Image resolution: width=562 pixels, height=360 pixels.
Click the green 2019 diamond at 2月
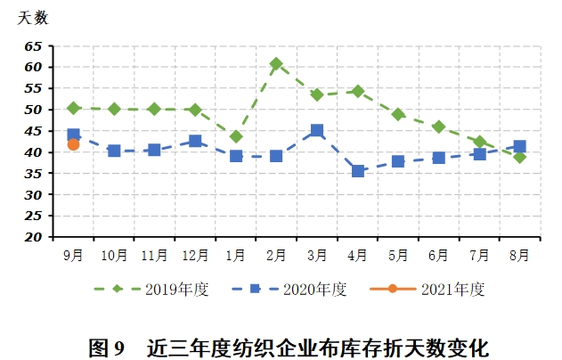pos(276,64)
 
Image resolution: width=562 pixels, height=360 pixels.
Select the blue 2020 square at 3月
pos(317,131)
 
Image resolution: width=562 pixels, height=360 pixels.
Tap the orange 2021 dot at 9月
pos(73,144)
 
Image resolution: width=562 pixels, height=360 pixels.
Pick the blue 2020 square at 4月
pos(358,170)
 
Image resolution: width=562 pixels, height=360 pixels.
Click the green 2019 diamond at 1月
pos(236,136)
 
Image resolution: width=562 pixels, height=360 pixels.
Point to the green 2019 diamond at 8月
pos(520,157)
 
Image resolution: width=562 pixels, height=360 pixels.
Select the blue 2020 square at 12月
pos(195,141)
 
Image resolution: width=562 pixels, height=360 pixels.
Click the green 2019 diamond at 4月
pos(358,91)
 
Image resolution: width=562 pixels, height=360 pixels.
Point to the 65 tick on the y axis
pos(34,46)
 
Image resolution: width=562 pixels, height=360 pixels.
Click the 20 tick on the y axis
pos(34,238)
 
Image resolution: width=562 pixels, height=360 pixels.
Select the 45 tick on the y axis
pos(34,131)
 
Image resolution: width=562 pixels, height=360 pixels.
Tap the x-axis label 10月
pos(114,256)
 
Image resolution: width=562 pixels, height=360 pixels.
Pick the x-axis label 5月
pos(398,256)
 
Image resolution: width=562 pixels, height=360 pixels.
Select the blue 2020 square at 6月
pos(439,158)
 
